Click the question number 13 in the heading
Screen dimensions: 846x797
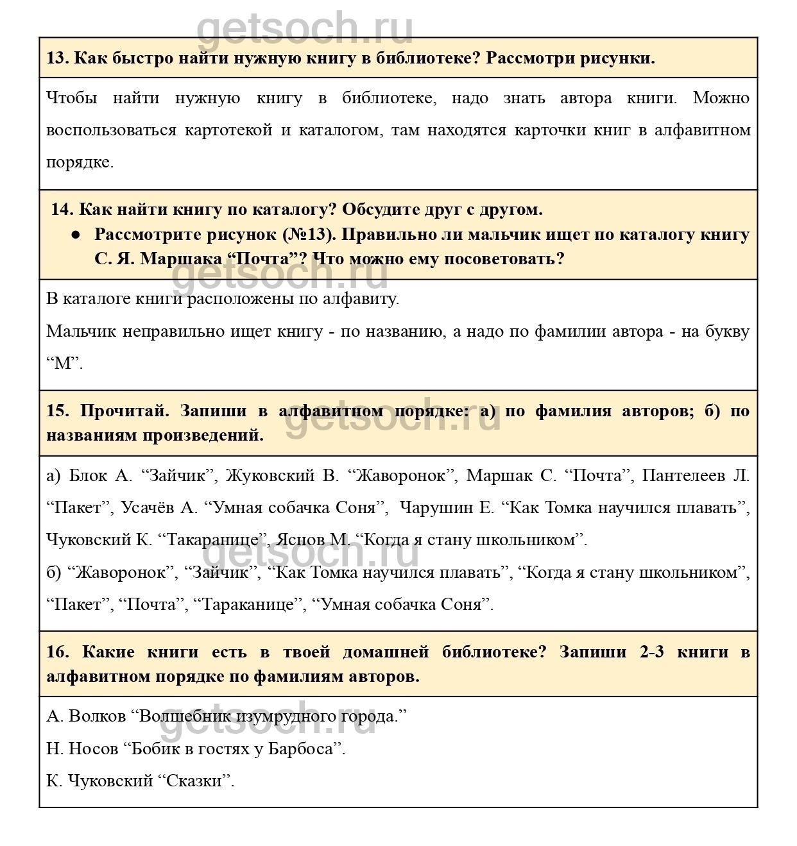tap(56, 58)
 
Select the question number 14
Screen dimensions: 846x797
tap(62, 210)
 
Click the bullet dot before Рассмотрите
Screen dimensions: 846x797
tap(75, 235)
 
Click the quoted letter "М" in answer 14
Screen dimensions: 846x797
tap(64, 364)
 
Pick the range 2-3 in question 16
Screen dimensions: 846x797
tap(651, 652)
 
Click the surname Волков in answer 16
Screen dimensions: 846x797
tap(96, 716)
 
